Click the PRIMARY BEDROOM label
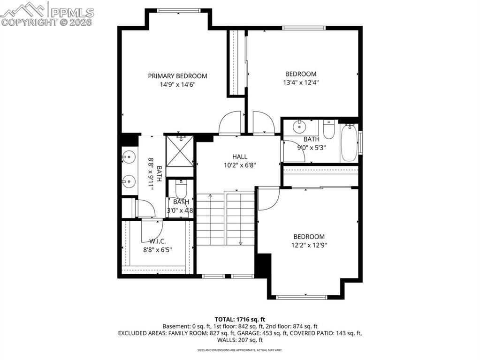[177, 76]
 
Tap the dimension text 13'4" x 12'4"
[301, 82]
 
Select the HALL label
[239, 157]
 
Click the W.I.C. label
[157, 241]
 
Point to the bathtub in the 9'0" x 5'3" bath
[348, 142]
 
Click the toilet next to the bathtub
[328, 129]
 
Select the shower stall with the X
[179, 150]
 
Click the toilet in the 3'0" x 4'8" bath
[181, 189]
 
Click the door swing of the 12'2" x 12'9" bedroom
[268, 199]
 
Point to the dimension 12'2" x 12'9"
[309, 245]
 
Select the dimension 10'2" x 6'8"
[239, 165]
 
